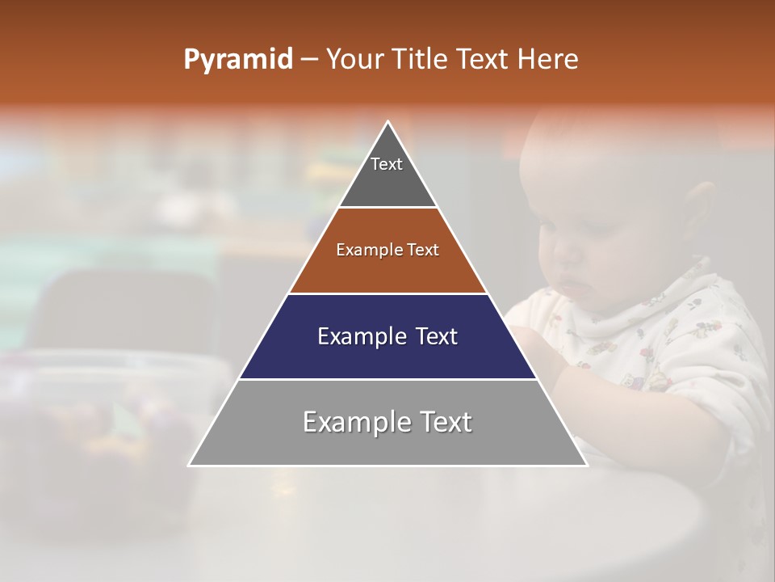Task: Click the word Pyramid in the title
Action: click(237, 60)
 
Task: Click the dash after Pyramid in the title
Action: click(309, 60)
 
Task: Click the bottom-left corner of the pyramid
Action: click(190, 465)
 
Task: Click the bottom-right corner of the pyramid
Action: click(586, 465)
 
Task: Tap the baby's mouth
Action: click(572, 284)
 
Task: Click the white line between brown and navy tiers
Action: click(387, 293)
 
